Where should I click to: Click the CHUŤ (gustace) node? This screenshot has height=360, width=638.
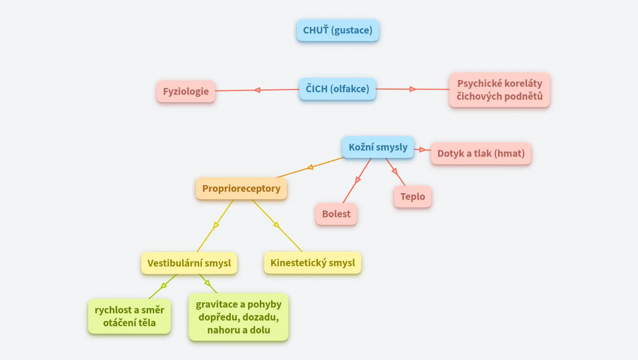click(x=337, y=30)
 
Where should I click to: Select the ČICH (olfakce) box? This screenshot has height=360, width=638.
click(x=337, y=89)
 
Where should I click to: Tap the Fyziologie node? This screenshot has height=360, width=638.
click(x=186, y=91)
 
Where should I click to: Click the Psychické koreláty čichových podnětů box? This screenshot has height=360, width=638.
click(x=500, y=90)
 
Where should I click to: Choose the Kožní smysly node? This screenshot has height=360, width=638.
click(x=378, y=147)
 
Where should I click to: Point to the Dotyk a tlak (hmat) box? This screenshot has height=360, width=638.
click(x=481, y=153)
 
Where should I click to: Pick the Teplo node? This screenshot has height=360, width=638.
click(x=412, y=196)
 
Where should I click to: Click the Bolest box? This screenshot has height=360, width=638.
click(x=336, y=214)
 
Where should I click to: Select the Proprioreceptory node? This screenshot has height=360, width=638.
click(x=241, y=188)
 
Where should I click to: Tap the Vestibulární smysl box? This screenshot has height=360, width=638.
click(x=189, y=263)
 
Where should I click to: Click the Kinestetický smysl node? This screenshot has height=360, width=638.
click(x=312, y=263)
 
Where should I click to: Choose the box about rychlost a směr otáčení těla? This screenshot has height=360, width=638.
click(x=129, y=316)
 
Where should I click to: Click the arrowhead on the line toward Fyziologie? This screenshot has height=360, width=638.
click(x=257, y=90)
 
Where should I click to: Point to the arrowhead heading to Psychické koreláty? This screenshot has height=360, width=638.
click(x=413, y=89)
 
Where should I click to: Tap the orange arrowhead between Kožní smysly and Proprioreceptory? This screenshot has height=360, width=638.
click(x=310, y=167)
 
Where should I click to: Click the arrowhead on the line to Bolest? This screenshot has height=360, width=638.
click(x=358, y=179)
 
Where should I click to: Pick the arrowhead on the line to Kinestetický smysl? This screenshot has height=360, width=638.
click(x=277, y=225)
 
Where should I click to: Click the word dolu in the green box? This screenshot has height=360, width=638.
click(x=260, y=330)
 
